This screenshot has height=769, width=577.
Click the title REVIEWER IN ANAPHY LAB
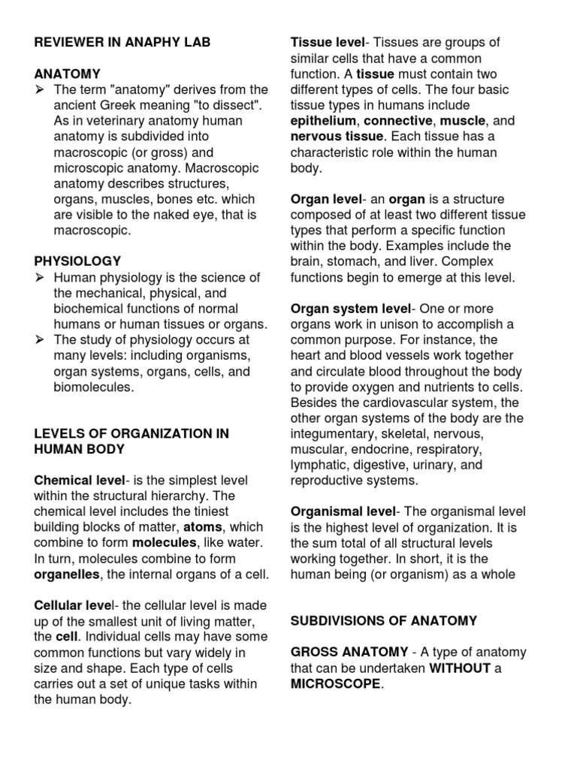click(x=122, y=43)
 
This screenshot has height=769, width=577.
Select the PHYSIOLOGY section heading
click(x=77, y=261)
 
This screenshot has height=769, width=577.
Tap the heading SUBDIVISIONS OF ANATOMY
click(x=384, y=620)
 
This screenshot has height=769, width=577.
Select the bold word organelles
click(x=70, y=574)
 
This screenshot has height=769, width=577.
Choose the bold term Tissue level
click(x=327, y=43)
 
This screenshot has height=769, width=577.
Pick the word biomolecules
click(x=93, y=388)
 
